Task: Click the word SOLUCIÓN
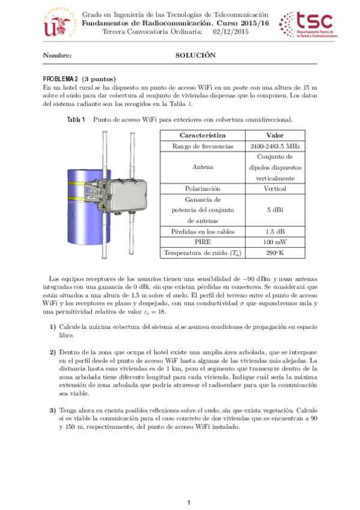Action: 195,55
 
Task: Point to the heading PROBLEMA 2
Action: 61,79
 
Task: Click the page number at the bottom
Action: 189,502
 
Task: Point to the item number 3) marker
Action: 53,410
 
